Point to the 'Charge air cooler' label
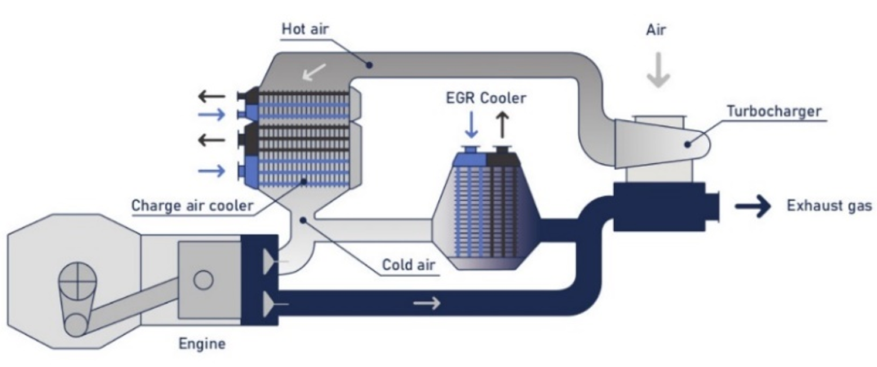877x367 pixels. click(192, 206)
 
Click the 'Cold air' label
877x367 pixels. click(409, 265)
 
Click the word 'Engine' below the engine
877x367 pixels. click(202, 343)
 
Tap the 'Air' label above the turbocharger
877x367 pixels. click(656, 30)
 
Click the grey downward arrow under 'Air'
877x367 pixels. click(658, 71)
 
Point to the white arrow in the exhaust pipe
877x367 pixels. click(426, 304)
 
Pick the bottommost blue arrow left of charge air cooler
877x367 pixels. click(211, 171)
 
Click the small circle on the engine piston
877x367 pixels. click(203, 280)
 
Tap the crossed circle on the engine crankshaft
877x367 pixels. click(77, 283)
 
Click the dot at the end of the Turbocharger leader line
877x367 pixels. click(686, 143)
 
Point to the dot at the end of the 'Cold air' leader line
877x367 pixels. click(302, 220)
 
